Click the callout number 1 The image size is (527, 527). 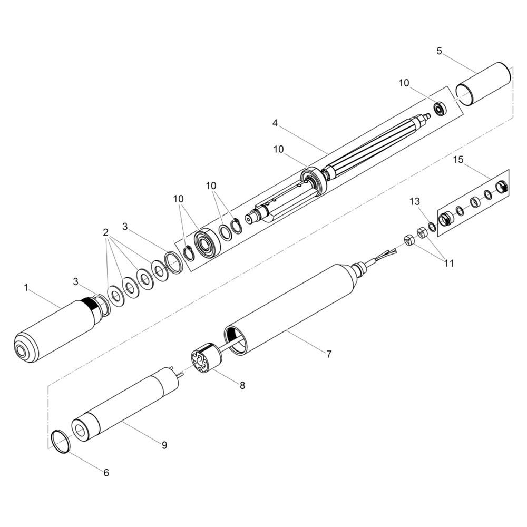tap(26, 288)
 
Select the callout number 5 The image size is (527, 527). tap(440, 51)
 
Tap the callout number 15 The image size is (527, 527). tap(458, 160)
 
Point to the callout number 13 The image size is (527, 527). tap(415, 201)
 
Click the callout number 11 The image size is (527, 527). tap(448, 263)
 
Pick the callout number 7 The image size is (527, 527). tap(329, 354)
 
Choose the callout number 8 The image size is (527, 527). tap(242, 385)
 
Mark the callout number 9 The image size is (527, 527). tap(164, 445)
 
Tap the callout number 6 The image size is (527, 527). tap(106, 473)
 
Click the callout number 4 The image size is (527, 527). tap(275, 123)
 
